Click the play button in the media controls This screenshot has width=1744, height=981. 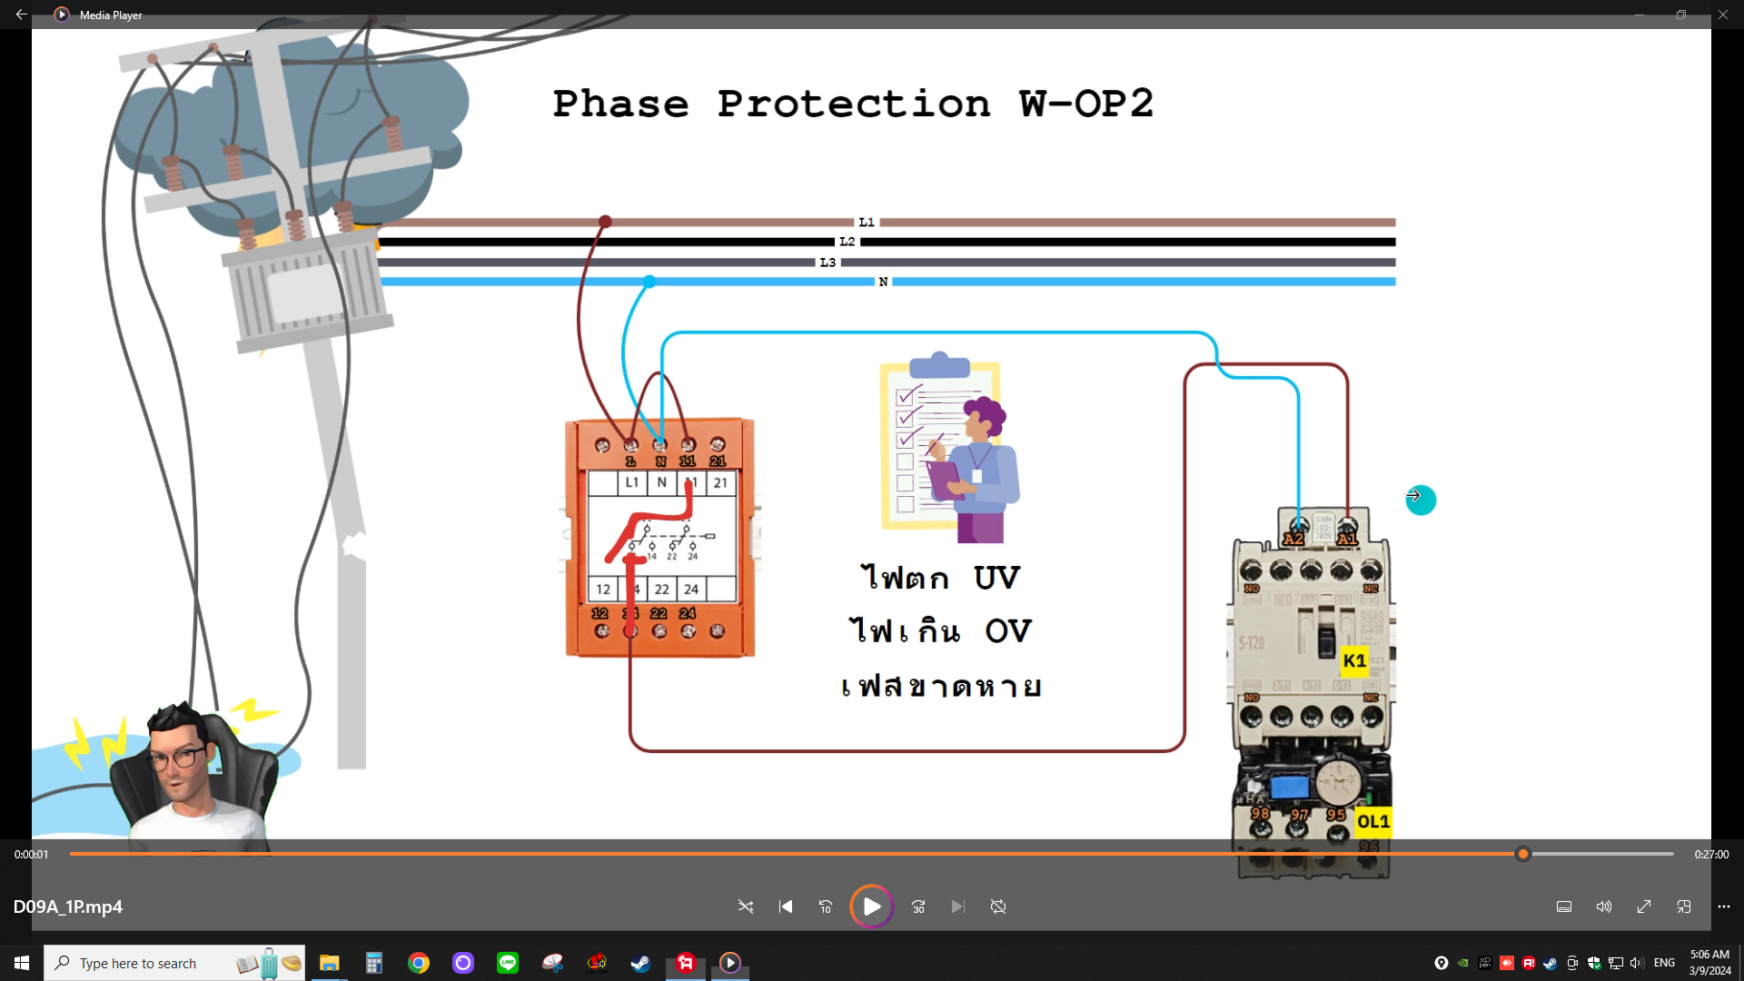tap(871, 907)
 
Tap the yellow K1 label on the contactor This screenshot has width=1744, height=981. tap(1354, 660)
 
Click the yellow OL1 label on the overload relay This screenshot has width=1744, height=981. tap(1372, 821)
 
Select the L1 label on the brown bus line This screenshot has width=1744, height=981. tap(867, 222)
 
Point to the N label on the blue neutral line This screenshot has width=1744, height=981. tap(883, 282)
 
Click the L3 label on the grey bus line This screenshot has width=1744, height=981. tap(827, 263)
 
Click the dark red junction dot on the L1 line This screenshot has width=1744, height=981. tap(605, 222)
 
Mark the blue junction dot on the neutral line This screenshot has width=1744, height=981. tap(649, 282)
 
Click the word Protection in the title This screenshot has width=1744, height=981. tap(853, 104)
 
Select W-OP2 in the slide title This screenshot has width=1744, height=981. tap(1085, 104)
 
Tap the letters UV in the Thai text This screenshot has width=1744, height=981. tap(996, 578)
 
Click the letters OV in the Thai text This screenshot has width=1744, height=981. tap(1008, 630)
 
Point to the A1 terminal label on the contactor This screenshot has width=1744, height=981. tap(1347, 539)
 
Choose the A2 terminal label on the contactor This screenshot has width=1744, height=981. tap(1293, 539)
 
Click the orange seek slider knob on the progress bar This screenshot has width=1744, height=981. tap(1523, 854)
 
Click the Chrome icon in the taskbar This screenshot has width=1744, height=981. tap(419, 963)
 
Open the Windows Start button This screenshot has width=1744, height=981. tap(22, 963)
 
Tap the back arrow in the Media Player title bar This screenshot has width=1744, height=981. tap(21, 15)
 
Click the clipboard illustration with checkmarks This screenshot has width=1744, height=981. tap(940, 445)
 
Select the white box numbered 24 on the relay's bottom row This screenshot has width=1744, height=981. tap(691, 589)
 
